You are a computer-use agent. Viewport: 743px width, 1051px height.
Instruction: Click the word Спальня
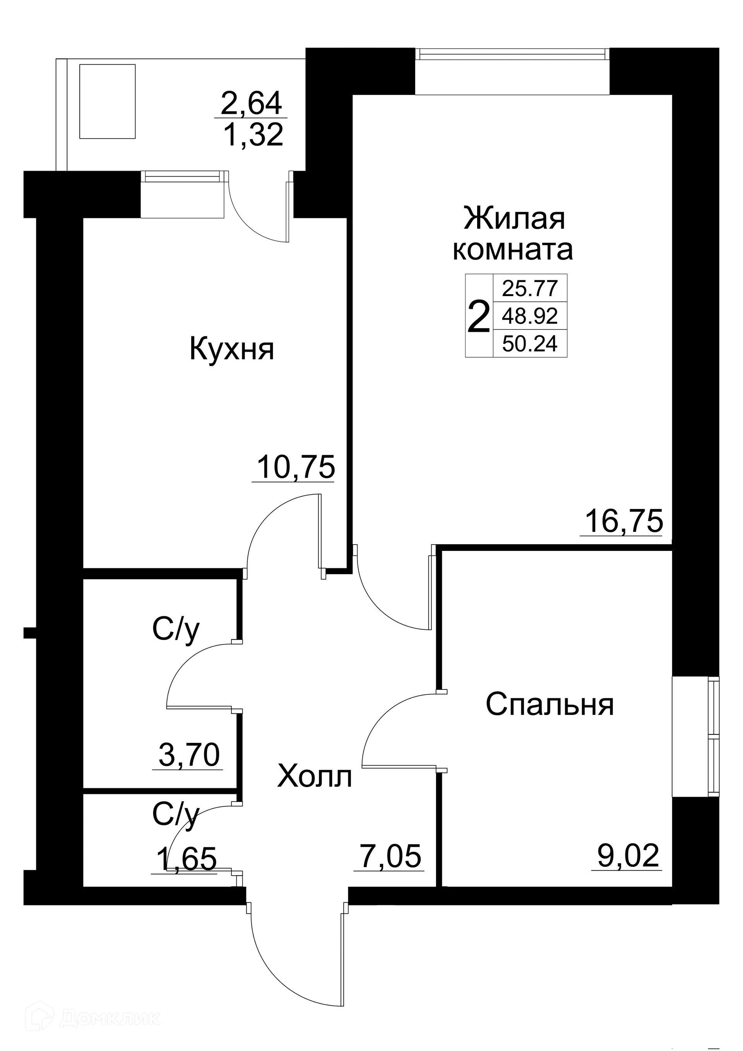[x=550, y=705]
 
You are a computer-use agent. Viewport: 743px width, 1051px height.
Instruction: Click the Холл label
[x=314, y=777]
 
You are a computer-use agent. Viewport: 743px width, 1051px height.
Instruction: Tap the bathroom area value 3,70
[x=189, y=755]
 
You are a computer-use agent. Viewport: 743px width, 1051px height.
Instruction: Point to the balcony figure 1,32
[x=253, y=135]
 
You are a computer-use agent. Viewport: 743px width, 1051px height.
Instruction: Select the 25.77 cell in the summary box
[x=530, y=288]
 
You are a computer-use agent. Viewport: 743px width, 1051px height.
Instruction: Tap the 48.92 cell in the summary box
[x=530, y=315]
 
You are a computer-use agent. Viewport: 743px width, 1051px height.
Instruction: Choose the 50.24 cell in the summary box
[x=530, y=343]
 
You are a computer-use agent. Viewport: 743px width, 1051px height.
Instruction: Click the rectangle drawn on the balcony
[x=108, y=101]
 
